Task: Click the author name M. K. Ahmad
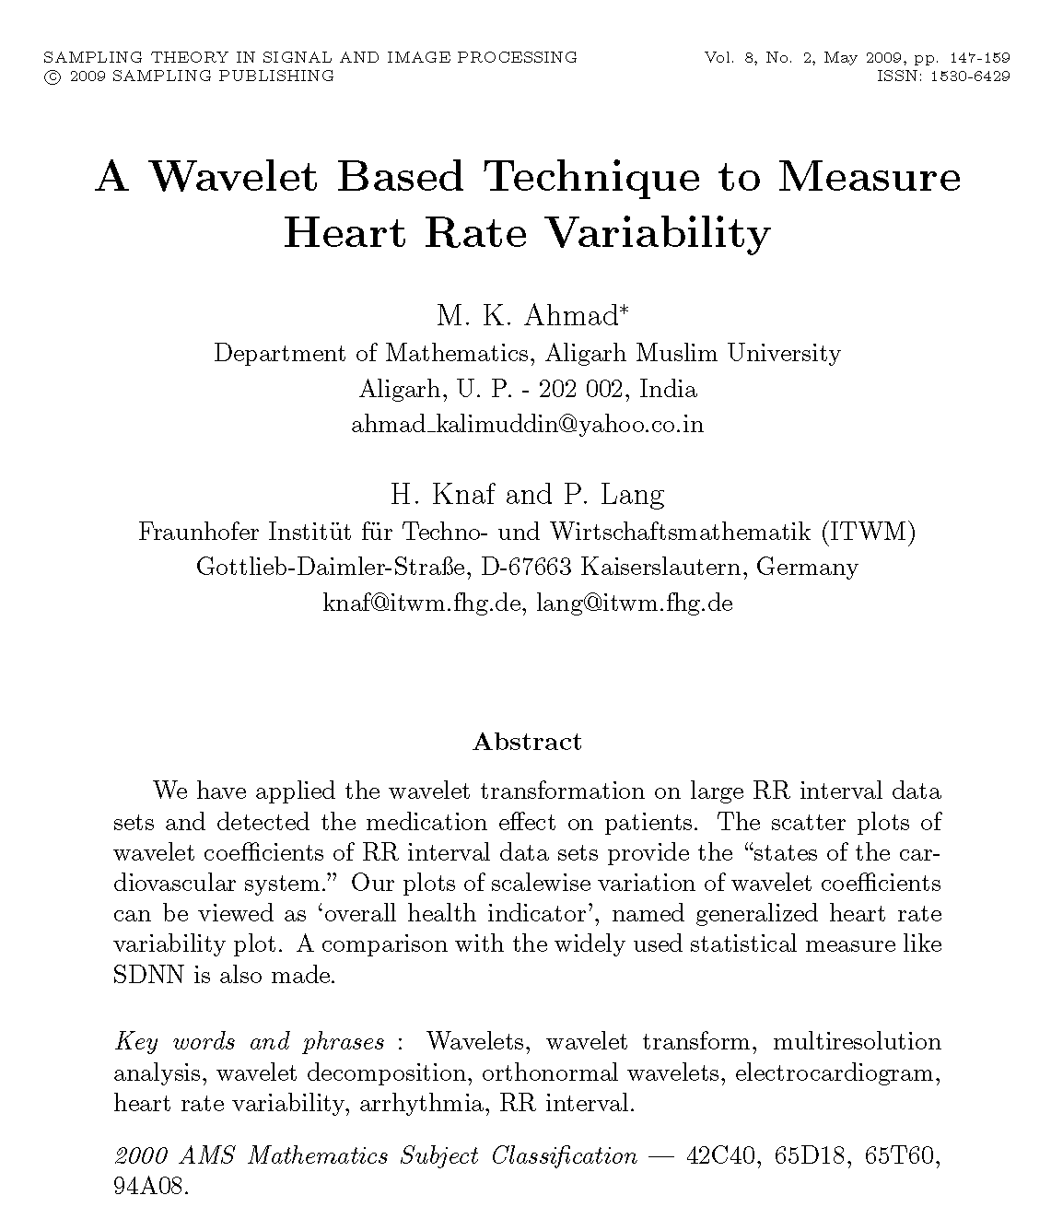click(x=531, y=316)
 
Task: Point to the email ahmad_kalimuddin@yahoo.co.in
click(x=527, y=425)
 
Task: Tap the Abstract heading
click(x=527, y=743)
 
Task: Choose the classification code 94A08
click(x=149, y=1187)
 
